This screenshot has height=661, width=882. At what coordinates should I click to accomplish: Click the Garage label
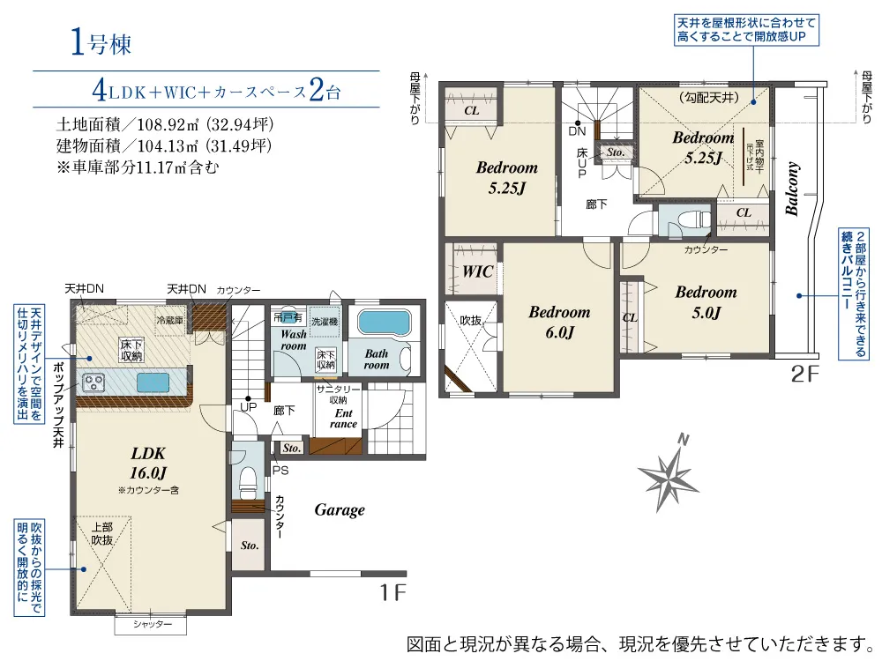340,509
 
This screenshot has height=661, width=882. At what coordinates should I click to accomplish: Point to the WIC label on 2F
477,271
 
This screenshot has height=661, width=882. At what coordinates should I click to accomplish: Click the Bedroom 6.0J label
559,322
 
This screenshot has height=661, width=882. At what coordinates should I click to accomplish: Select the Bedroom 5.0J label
706,301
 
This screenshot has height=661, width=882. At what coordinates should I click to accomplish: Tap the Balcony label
792,188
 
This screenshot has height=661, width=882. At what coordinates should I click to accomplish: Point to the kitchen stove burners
94,382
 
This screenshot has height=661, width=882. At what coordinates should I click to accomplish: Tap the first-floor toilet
247,481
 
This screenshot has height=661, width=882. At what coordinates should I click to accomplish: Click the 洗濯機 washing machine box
325,322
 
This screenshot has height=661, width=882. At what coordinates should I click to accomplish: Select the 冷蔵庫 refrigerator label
169,320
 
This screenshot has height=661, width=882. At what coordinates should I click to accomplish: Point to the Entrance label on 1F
343,418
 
